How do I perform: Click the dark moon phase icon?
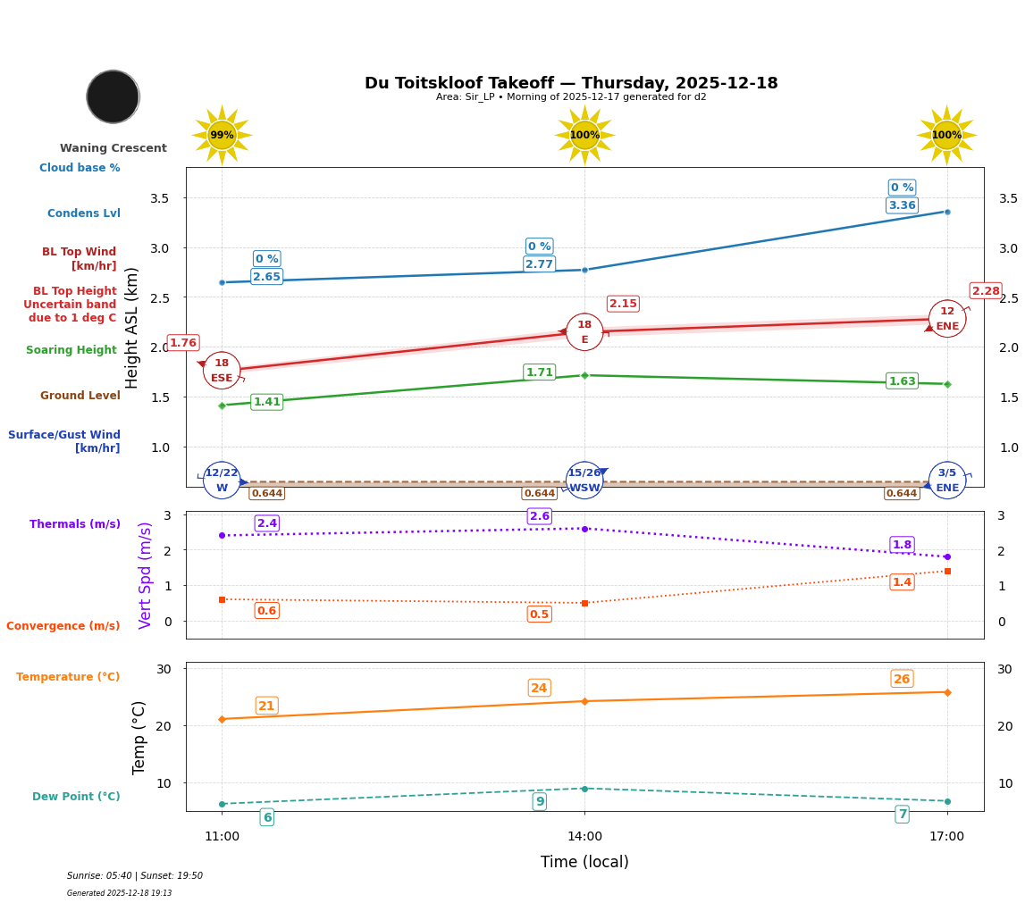tap(113, 96)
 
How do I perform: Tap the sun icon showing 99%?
tap(222, 136)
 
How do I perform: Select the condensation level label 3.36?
tap(902, 205)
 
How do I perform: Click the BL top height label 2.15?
tap(623, 304)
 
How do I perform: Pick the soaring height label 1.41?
tap(266, 402)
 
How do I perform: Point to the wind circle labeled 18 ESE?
tap(222, 370)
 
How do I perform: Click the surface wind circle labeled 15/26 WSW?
tap(584, 481)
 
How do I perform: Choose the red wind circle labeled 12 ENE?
tap(947, 319)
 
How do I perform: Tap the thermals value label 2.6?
tap(539, 516)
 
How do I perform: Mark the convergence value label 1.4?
tap(902, 582)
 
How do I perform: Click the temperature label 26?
tap(902, 679)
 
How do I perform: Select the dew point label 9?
tap(539, 801)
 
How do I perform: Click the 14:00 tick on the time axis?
tap(584, 837)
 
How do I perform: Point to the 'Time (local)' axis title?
tap(584, 862)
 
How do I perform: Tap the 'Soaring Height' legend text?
tap(71, 350)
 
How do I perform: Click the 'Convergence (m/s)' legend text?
tap(63, 626)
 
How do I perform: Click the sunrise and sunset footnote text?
tap(135, 876)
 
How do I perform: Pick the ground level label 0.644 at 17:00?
tap(901, 493)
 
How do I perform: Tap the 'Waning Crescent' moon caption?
tap(113, 148)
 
